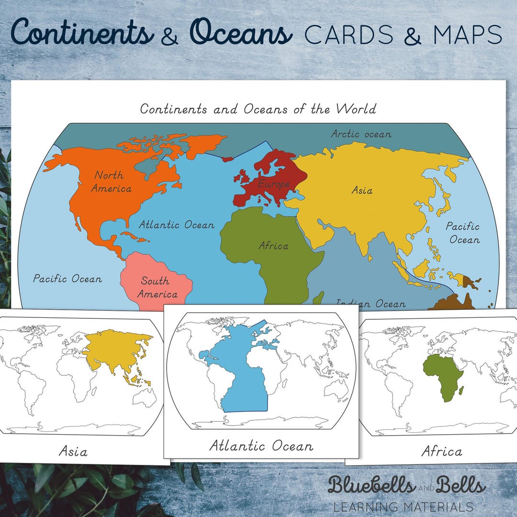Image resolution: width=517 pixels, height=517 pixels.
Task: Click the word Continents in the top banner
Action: pos(79,34)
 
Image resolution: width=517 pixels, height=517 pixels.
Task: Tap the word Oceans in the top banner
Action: pos(240,34)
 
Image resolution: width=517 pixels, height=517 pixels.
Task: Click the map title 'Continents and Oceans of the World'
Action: pos(258,109)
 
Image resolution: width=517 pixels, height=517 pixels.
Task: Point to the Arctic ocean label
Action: pos(361,134)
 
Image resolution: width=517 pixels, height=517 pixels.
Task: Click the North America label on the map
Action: pos(112,181)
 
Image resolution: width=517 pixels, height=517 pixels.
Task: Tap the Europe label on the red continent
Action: pos(273,184)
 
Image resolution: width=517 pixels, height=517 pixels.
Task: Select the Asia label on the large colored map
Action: pos(361,191)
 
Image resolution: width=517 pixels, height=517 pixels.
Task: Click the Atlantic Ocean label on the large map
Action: pos(176,225)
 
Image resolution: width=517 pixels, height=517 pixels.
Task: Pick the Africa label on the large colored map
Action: pos(273,246)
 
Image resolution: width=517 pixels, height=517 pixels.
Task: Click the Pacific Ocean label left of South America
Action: pos(67,279)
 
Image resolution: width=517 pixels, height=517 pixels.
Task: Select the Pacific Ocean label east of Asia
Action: pos(463,233)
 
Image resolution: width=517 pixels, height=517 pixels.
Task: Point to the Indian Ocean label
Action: pos(371,303)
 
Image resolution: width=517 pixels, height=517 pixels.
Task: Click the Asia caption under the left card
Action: pos(73,450)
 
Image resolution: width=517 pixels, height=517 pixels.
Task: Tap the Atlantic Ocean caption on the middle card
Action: pos(261,446)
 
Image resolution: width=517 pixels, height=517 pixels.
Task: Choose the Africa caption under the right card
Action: pos(441,451)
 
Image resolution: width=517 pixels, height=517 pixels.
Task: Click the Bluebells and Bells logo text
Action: pos(406,485)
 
